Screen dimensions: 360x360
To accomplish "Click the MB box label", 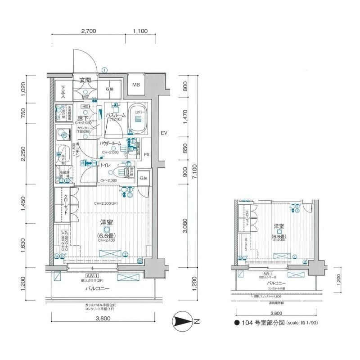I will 135,85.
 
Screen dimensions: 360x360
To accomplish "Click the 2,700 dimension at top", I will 89,31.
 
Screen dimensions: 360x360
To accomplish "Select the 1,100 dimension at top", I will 140,31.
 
